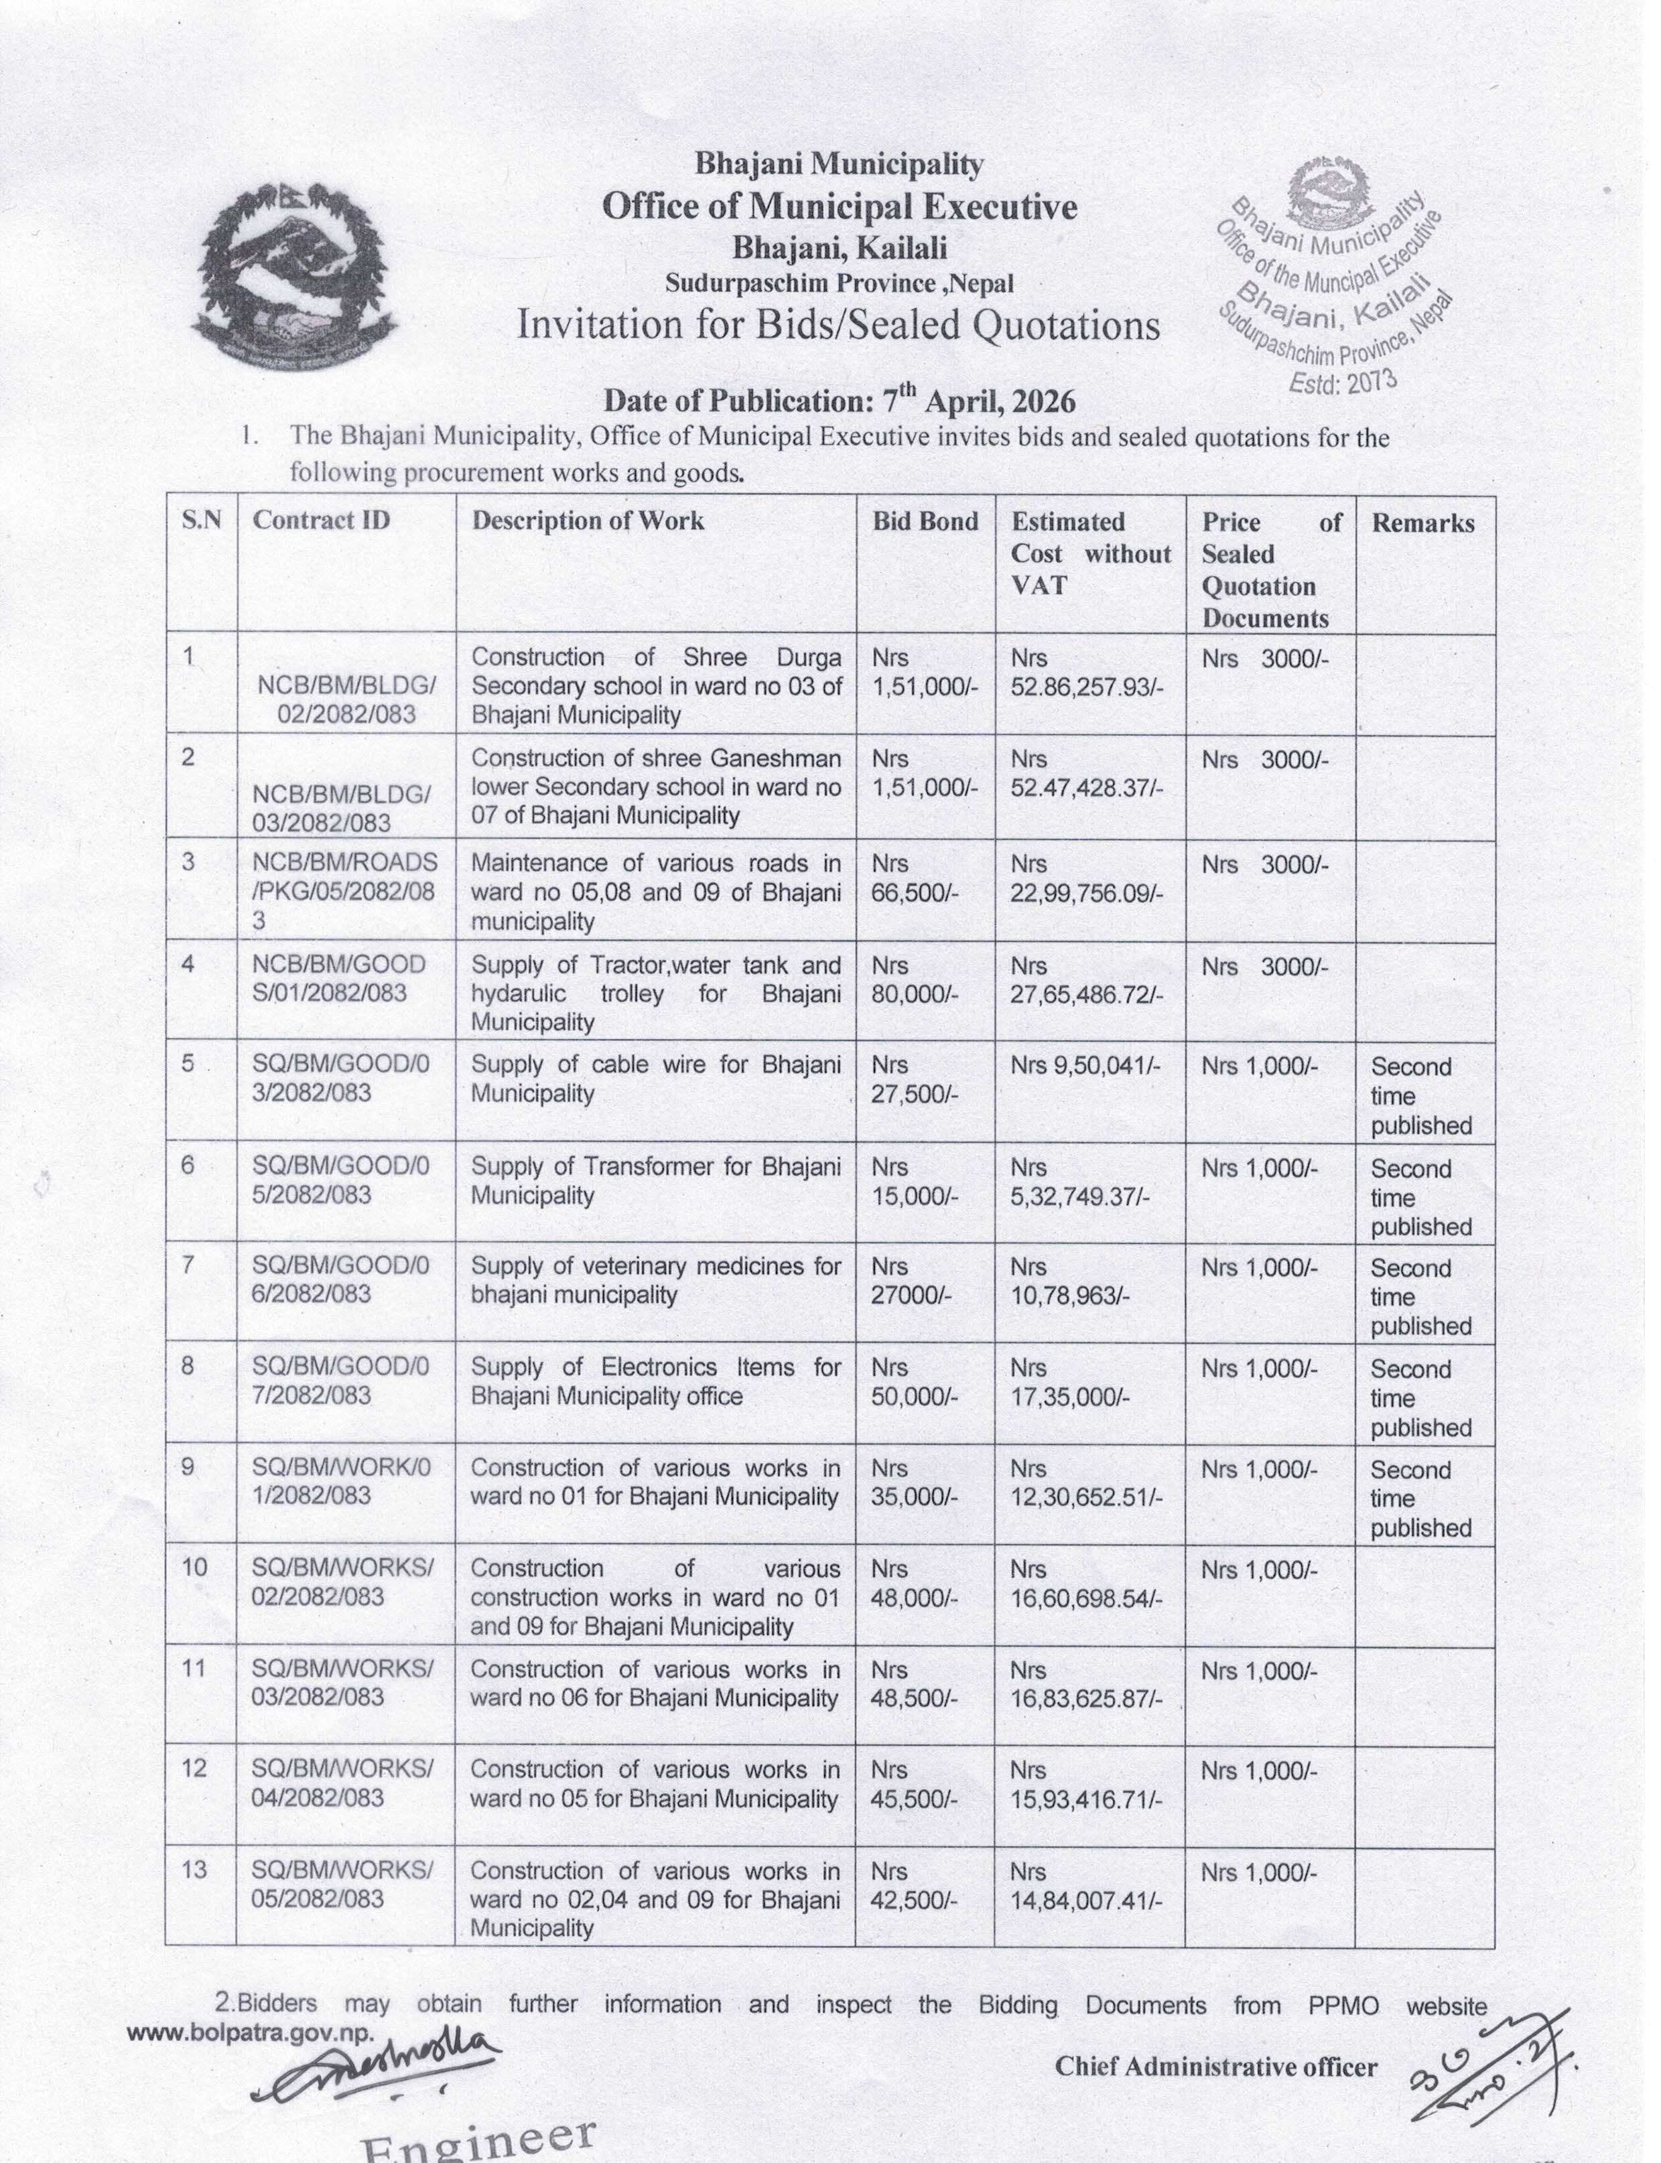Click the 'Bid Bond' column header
coord(925,522)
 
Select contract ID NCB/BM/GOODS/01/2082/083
coord(338,978)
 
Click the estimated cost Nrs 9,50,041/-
coord(1085,1066)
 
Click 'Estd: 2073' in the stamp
coord(1341,382)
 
